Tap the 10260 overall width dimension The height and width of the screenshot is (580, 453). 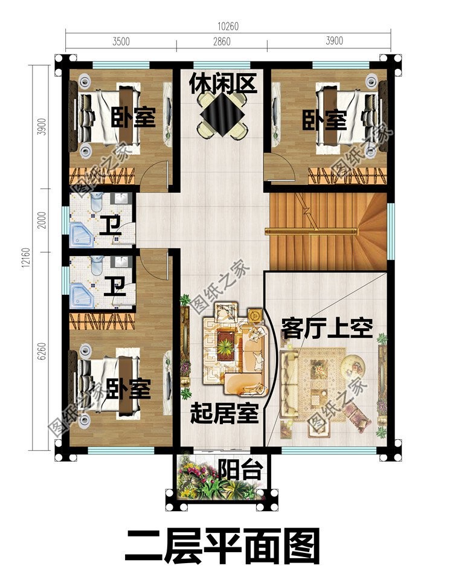pyautogui.click(x=227, y=26)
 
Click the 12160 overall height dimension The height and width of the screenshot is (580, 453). pyautogui.click(x=26, y=260)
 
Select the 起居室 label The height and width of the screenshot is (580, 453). pyautogui.click(x=224, y=414)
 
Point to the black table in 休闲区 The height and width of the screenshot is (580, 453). pyautogui.click(x=221, y=114)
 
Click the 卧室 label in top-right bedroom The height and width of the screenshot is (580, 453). pyautogui.click(x=324, y=120)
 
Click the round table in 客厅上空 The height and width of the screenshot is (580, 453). pyautogui.click(x=351, y=366)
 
